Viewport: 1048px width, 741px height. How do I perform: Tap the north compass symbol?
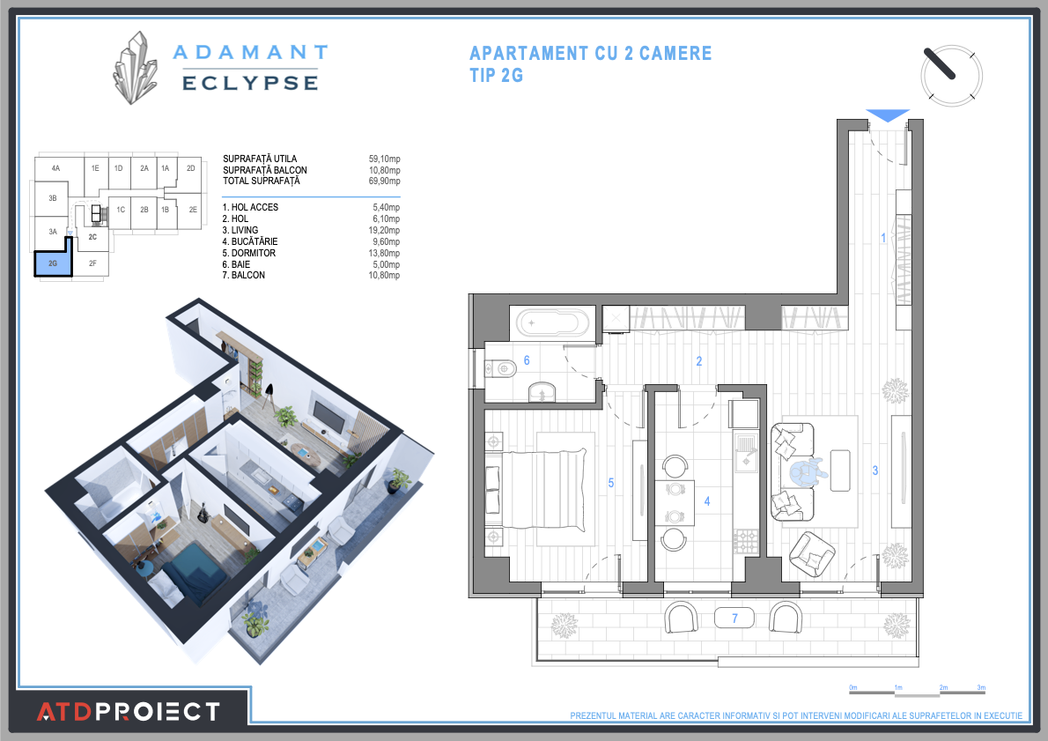coord(951,75)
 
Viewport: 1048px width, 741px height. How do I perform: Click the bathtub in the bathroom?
coord(551,322)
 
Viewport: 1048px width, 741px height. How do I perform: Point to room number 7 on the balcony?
coord(734,619)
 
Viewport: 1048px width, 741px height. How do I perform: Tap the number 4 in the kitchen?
coord(706,501)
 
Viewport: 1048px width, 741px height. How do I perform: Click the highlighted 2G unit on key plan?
coord(53,263)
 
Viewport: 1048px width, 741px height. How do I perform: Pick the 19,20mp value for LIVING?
coord(384,230)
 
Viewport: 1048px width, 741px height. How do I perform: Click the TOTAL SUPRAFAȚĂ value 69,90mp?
coord(384,181)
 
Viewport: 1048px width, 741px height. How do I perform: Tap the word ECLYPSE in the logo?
coord(249,82)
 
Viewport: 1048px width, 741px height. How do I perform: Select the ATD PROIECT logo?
coord(128,711)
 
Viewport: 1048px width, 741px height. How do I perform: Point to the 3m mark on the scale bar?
coord(981,687)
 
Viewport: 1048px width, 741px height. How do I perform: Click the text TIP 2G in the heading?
coord(497,76)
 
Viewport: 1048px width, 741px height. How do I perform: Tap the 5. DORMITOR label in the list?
coord(249,253)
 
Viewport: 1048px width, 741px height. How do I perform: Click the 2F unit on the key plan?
coord(92,263)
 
